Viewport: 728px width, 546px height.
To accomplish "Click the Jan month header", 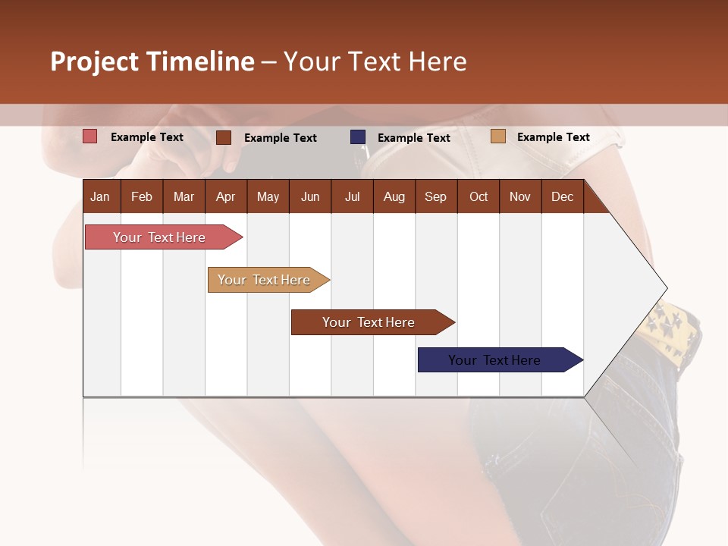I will point(100,196).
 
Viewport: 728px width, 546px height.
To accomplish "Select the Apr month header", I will point(225,196).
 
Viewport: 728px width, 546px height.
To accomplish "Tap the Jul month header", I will point(352,196).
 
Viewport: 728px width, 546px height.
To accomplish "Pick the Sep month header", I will point(435,196).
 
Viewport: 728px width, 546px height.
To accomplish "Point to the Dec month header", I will point(562,196).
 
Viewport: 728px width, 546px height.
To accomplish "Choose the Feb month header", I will point(142,196).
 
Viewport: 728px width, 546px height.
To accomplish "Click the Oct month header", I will point(479,196).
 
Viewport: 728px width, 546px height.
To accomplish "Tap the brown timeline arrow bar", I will point(369,322).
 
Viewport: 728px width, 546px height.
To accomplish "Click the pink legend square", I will point(89,136).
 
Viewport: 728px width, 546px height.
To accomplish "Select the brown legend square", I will point(224,137).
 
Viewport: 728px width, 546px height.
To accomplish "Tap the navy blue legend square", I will point(358,136).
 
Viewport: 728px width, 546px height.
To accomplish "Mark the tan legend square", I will point(497,136).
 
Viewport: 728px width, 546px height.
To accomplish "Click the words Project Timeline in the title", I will point(152,61).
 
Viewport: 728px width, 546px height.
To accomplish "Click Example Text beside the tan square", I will point(553,137).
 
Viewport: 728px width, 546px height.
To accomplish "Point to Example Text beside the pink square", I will point(147,137).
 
